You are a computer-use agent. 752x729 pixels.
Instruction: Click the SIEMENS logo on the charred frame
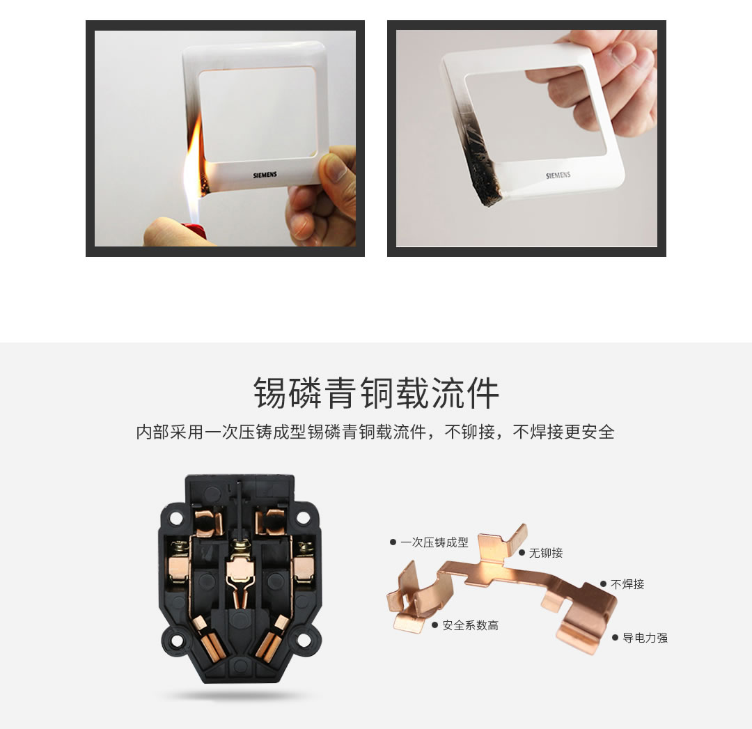click(558, 175)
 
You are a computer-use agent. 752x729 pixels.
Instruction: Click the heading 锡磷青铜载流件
click(376, 393)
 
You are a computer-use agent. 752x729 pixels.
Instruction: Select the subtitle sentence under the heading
click(376, 432)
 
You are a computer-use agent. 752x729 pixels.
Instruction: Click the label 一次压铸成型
click(434, 542)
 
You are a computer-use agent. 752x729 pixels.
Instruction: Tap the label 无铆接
click(546, 553)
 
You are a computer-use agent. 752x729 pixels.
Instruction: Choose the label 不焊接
click(627, 584)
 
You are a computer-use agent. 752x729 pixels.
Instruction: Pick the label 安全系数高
click(471, 625)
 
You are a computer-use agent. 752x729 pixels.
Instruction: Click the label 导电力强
click(645, 637)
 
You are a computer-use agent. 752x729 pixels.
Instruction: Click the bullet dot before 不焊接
click(603, 584)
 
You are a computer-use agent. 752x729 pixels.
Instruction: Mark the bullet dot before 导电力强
click(615, 637)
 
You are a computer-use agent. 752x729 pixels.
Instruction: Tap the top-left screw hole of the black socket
click(176, 518)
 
